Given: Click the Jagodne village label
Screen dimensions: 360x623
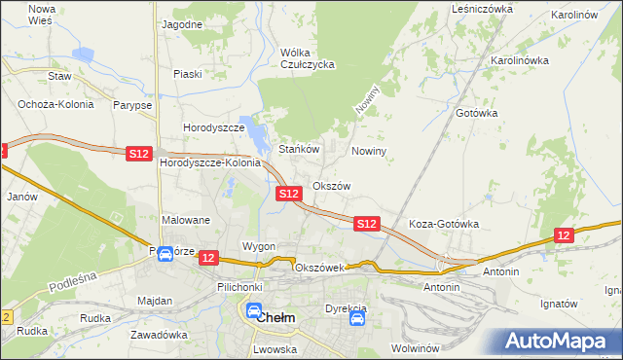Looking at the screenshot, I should pos(182,23).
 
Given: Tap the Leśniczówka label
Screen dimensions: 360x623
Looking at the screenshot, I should pos(482,8).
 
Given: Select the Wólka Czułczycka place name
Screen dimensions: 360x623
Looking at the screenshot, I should pos(307,58).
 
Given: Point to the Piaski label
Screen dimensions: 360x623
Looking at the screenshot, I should pos(187,74).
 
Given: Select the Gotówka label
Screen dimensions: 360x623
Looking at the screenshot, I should pos(477,113).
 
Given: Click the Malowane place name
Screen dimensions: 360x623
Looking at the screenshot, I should pos(186,220).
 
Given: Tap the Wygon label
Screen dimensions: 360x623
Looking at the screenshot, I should pos(259,246).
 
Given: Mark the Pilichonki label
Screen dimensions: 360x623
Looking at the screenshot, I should pos(239,288).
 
